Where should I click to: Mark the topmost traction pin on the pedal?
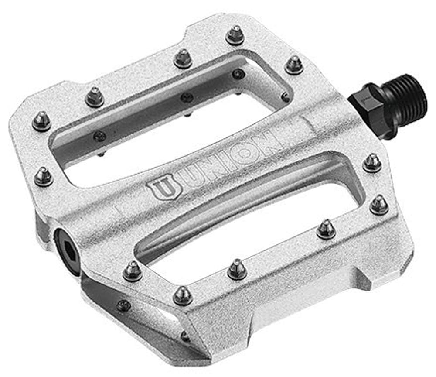[235, 35]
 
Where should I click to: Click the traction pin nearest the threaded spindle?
[294, 65]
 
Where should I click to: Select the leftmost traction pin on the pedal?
[41, 121]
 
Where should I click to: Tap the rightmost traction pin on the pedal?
[379, 204]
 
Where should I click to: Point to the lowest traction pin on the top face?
[183, 295]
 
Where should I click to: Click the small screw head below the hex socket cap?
[124, 305]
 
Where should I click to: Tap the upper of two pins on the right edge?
[372, 163]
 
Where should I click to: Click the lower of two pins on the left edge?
[44, 176]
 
